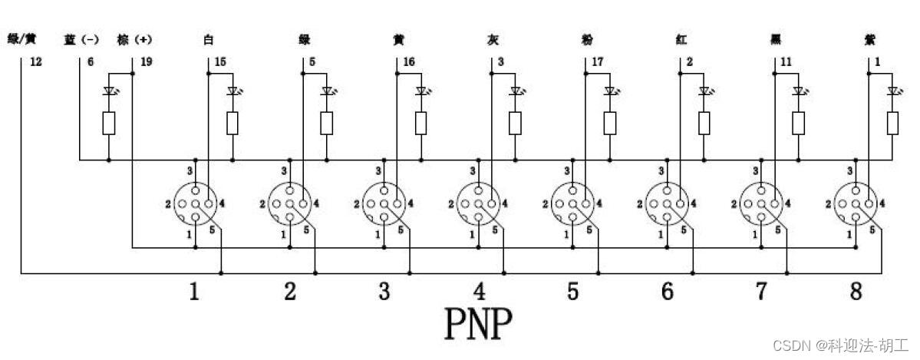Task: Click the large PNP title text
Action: pyautogui.click(x=478, y=324)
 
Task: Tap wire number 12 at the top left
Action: pyautogui.click(x=35, y=61)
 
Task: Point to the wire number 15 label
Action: pyautogui.click(x=220, y=61)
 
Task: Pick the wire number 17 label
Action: pyautogui.click(x=598, y=61)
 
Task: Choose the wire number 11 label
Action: pyautogui.click(x=786, y=61)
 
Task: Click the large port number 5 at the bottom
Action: pyautogui.click(x=573, y=292)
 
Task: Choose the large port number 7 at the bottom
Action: pyautogui.click(x=762, y=292)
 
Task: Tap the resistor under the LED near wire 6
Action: pyautogui.click(x=109, y=123)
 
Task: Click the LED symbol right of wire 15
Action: pyautogui.click(x=232, y=91)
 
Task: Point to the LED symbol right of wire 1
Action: pyautogui.click(x=892, y=91)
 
